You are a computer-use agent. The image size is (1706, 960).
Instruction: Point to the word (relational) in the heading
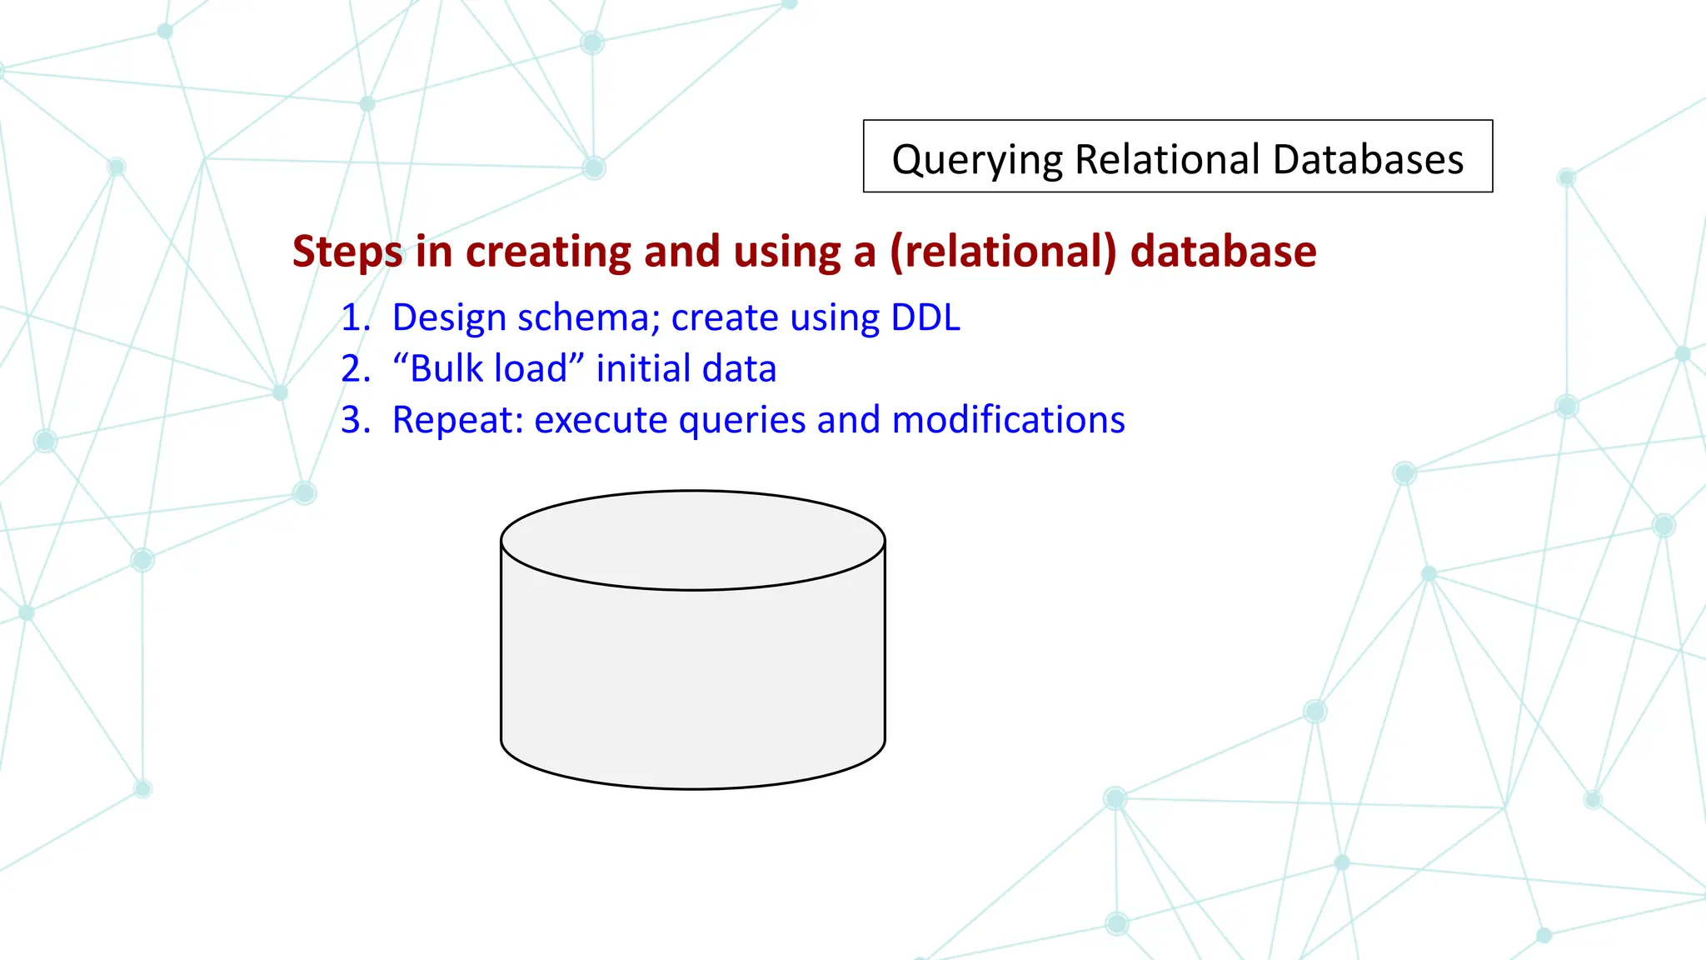1003,252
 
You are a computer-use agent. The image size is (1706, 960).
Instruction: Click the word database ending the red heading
1223,252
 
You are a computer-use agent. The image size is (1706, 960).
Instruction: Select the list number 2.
354,368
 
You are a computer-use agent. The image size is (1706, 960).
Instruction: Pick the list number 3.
354,419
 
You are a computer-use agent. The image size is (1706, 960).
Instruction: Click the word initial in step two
641,368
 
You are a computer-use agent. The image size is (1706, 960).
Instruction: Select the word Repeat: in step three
457,419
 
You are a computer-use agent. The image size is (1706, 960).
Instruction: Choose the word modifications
1008,419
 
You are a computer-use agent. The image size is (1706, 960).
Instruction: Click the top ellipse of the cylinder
692,540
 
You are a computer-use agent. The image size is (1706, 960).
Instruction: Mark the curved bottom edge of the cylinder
692,787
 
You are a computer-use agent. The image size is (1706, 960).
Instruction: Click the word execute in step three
600,419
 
